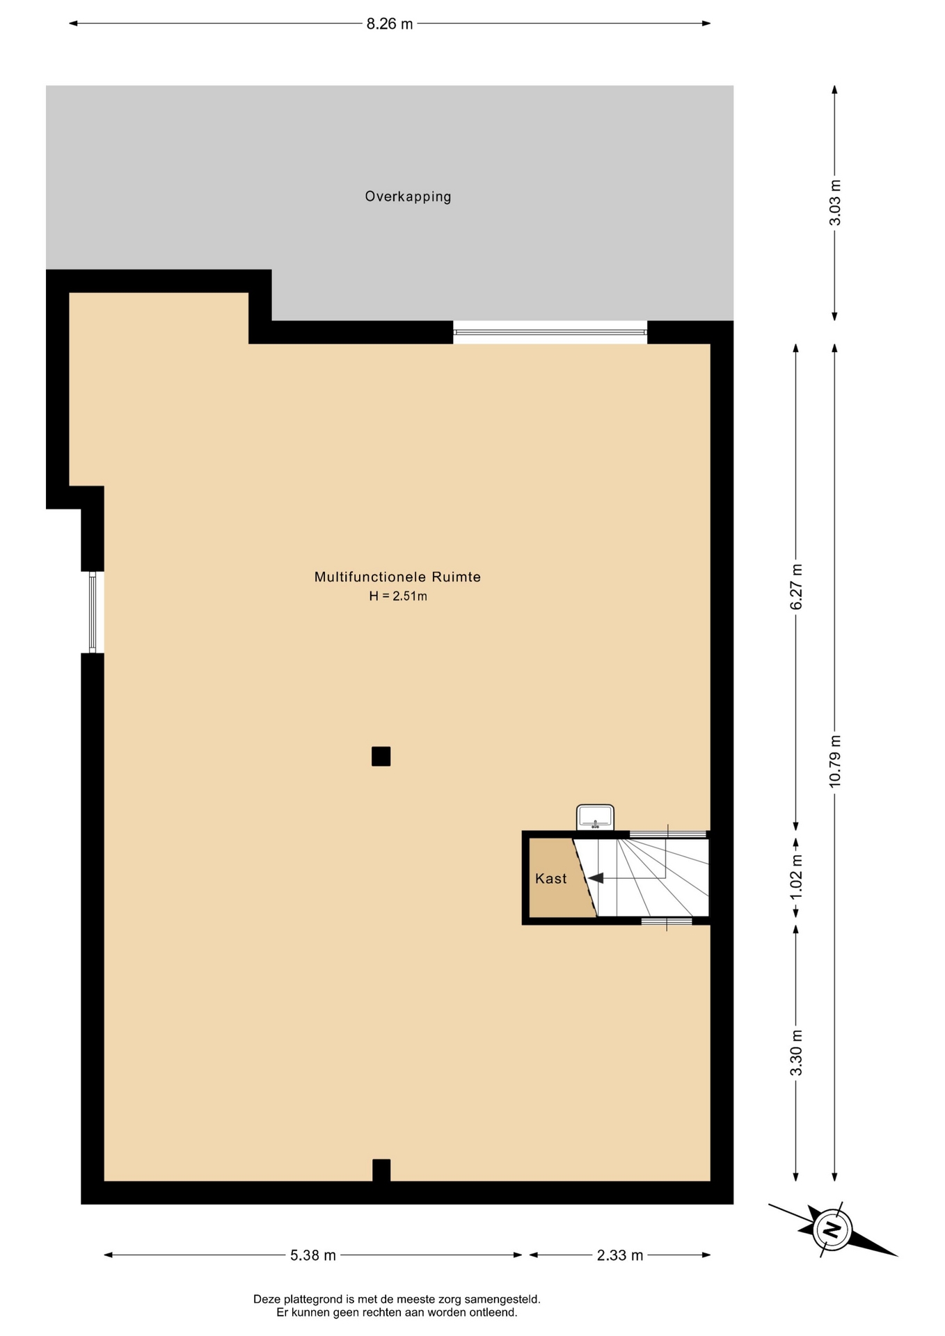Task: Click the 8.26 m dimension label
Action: (x=390, y=24)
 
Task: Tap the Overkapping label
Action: (x=408, y=197)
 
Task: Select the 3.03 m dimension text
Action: (x=835, y=202)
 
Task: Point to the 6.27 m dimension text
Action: (x=796, y=587)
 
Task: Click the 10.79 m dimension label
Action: (x=835, y=761)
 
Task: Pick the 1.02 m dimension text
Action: (x=796, y=875)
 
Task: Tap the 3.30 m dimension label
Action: (x=796, y=1053)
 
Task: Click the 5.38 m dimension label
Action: (x=313, y=1255)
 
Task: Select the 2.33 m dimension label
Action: (x=620, y=1255)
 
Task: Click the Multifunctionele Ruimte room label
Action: (x=398, y=577)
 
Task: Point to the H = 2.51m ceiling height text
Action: (x=398, y=596)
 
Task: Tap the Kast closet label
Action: (x=551, y=879)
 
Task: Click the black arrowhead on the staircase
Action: (x=596, y=878)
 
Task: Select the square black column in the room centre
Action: (x=381, y=756)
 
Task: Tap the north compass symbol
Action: (x=832, y=1229)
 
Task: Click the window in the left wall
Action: (x=93, y=612)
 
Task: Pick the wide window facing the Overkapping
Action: (x=550, y=333)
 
